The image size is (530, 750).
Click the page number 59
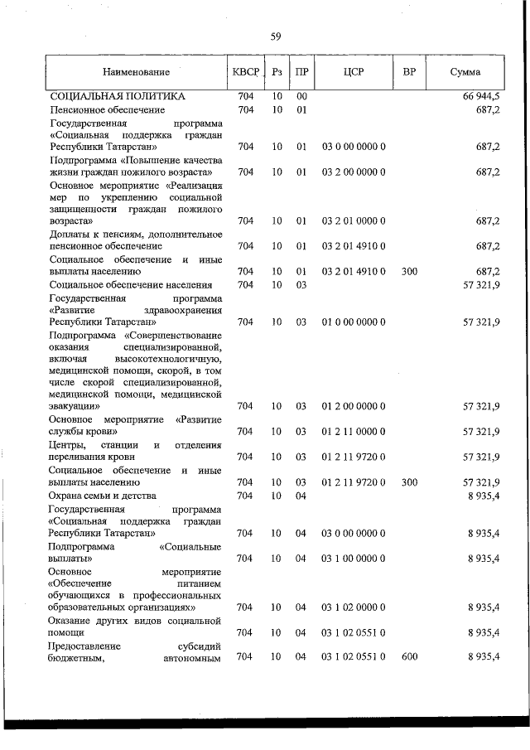(x=276, y=36)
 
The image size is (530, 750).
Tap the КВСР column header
(x=246, y=72)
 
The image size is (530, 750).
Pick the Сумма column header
(x=465, y=72)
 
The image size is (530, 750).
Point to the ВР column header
(x=408, y=72)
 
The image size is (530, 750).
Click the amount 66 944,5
(x=480, y=97)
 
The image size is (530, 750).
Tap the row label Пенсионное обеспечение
(x=107, y=109)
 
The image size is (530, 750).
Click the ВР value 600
(x=408, y=656)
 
